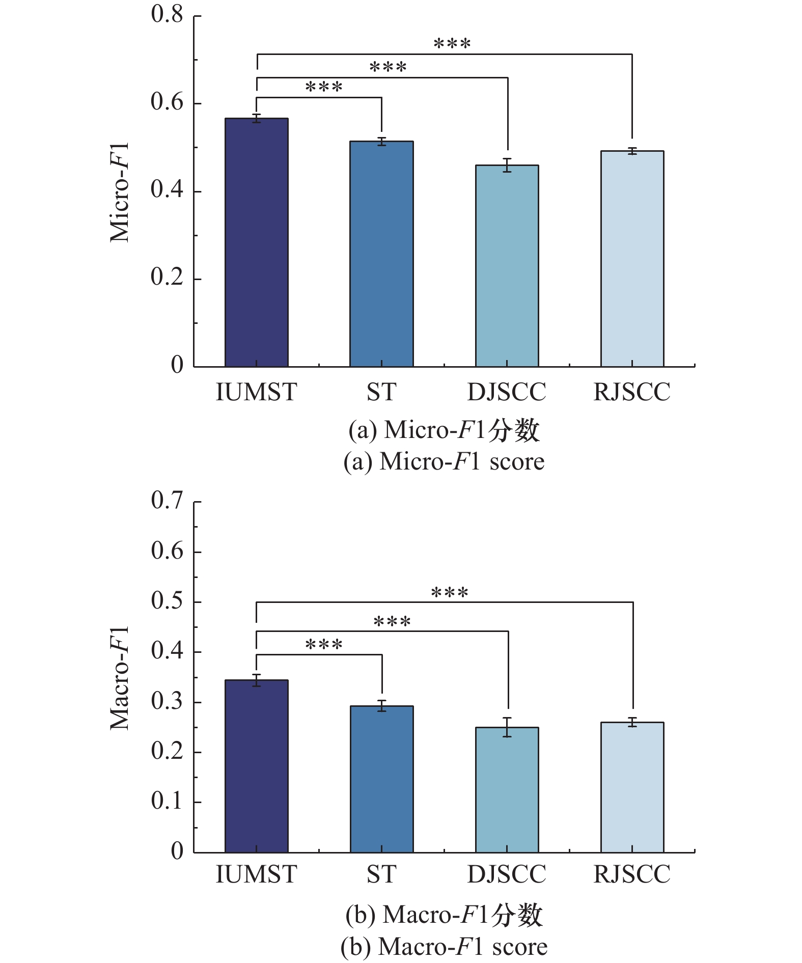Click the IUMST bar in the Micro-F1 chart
[257, 242]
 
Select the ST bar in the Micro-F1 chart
[381, 254]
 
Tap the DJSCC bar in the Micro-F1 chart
[507, 266]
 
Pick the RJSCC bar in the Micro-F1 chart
[632, 259]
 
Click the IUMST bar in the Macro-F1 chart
[257, 766]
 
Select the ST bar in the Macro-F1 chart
[381, 779]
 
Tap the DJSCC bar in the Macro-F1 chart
[507, 790]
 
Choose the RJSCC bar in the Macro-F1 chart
[632, 787]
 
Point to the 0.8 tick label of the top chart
[167, 14]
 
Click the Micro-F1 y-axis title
[120, 192]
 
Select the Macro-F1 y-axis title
[120, 678]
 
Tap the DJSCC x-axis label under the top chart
[507, 392]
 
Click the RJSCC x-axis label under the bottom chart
[632, 874]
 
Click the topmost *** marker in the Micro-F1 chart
[452, 44]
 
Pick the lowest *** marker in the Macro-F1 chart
[324, 645]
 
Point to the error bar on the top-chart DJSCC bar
[507, 166]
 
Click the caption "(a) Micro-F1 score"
[444, 461]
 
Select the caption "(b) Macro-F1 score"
[444, 947]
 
